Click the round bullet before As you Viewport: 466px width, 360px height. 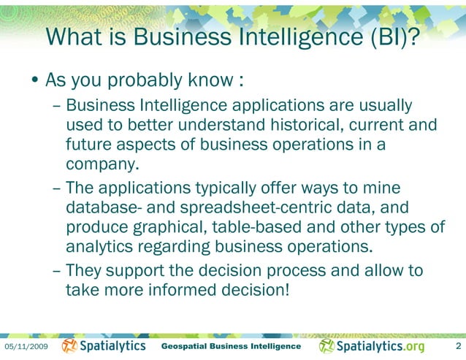point(35,79)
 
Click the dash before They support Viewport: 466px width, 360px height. point(57,271)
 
